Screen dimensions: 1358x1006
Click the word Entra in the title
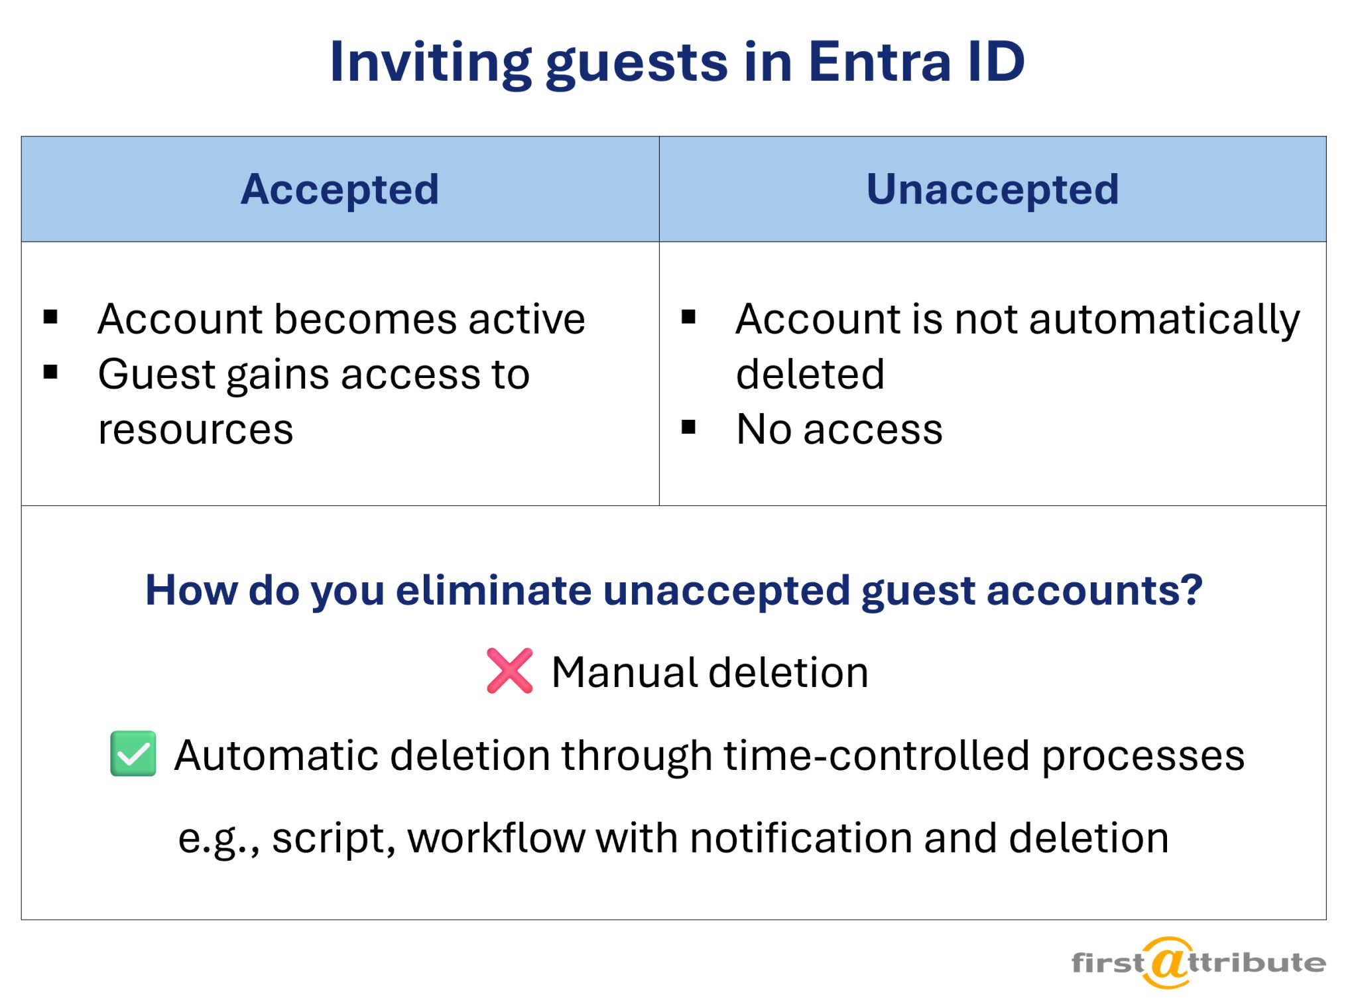click(880, 62)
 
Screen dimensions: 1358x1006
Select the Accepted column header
click(339, 189)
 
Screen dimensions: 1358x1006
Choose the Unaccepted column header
click(993, 189)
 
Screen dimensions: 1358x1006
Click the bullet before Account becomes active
click(50, 317)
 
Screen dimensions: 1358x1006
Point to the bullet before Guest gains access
click(50, 372)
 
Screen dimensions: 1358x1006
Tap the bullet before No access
click(688, 427)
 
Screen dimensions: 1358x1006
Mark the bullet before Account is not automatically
click(688, 317)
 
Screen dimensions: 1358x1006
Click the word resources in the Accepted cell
click(196, 429)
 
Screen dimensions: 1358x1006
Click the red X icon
click(509, 670)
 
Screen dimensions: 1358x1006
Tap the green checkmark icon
click(133, 753)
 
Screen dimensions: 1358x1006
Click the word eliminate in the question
click(494, 590)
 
